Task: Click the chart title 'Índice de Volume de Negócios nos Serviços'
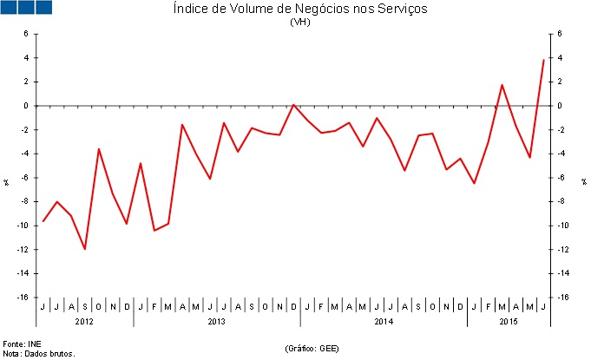(300, 10)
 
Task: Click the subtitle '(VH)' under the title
(300, 23)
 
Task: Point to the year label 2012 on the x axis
(85, 322)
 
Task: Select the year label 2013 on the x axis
(217, 322)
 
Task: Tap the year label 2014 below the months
(384, 322)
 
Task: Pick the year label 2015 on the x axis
(509, 322)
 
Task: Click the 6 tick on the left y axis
(26, 34)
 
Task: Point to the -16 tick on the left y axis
(23, 298)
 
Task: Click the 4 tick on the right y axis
(561, 58)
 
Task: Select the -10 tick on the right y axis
(564, 226)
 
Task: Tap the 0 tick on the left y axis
(26, 106)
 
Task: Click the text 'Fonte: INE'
(22, 344)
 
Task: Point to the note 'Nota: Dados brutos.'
(39, 353)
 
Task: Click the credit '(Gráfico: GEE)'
(312, 349)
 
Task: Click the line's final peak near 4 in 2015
(543, 60)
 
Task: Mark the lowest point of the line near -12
(85, 249)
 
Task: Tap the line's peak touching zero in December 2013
(293, 105)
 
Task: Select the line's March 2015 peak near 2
(502, 85)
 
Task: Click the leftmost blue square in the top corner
(9, 8)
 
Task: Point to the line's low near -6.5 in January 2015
(474, 183)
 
